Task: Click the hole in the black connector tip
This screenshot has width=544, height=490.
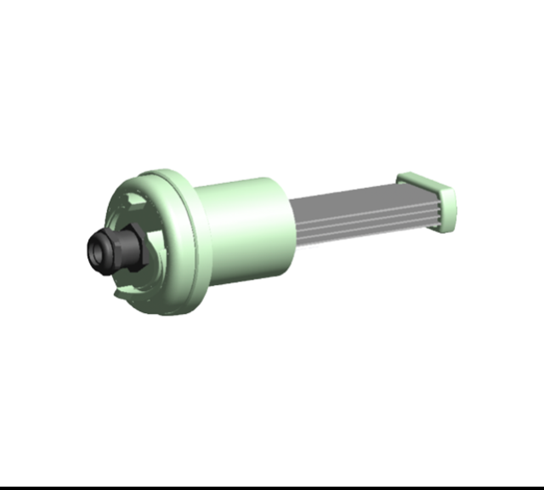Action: pyautogui.click(x=99, y=250)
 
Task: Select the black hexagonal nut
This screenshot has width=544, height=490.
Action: pyautogui.click(x=129, y=251)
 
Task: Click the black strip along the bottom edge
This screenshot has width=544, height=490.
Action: pyautogui.click(x=272, y=487)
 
